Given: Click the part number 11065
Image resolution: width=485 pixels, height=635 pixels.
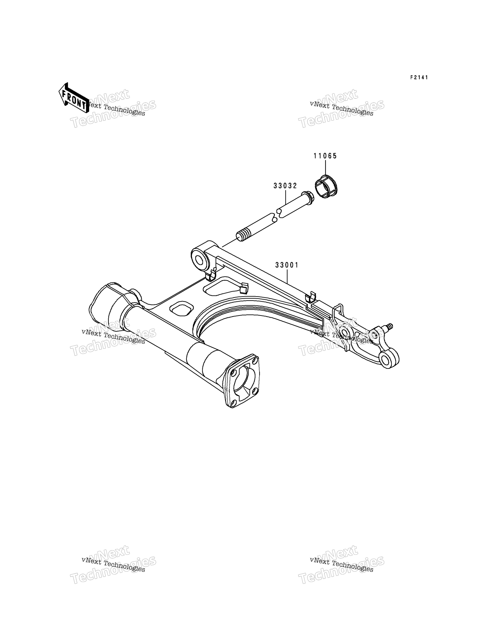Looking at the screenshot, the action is click(325, 156).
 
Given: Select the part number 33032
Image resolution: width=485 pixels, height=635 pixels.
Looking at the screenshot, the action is click(285, 186).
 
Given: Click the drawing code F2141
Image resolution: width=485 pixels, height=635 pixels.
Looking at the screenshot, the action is click(419, 78).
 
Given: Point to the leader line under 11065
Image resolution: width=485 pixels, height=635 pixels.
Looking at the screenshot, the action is click(325, 168).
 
